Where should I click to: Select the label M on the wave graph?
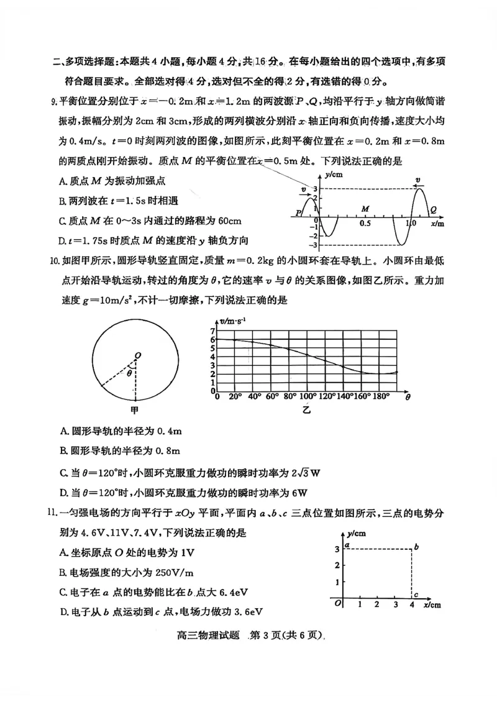click(x=366, y=209)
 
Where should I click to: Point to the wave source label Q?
click(x=433, y=210)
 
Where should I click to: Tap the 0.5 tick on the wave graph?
click(x=365, y=222)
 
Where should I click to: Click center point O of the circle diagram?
click(x=137, y=355)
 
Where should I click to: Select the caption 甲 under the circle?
click(x=134, y=411)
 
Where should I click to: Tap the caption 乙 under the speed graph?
click(x=306, y=410)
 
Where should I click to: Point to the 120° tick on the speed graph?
click(x=327, y=396)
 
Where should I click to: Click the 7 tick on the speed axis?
click(x=212, y=331)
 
